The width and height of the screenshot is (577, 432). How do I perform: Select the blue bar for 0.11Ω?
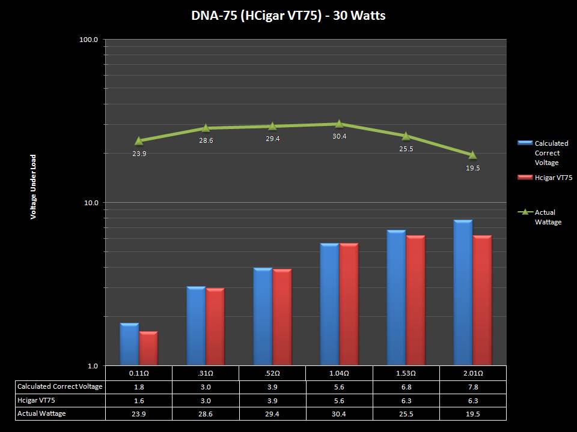tap(129, 344)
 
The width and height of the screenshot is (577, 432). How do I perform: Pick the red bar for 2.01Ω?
tap(482, 300)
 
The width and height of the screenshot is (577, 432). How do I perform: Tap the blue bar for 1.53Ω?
tap(396, 298)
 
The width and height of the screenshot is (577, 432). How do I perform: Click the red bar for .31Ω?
tap(215, 326)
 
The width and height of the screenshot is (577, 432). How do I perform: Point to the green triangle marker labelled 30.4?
tap(339, 124)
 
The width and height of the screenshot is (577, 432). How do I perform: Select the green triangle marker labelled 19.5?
tap(472, 155)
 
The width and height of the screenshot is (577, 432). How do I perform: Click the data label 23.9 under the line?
tap(139, 154)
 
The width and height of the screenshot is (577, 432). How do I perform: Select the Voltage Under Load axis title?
tap(34, 187)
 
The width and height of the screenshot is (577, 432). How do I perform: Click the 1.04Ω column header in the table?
tap(339, 373)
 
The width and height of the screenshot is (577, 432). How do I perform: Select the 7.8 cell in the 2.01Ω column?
tap(472, 386)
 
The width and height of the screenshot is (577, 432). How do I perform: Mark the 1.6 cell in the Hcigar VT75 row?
tap(139, 400)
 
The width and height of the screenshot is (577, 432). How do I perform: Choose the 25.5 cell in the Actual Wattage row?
tap(406, 413)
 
